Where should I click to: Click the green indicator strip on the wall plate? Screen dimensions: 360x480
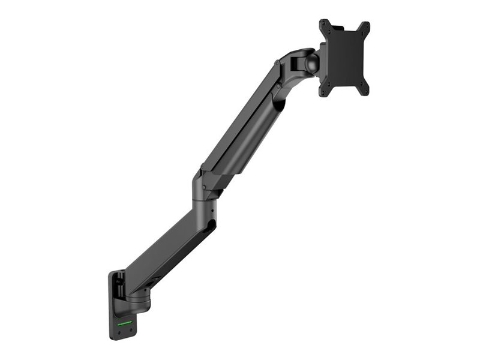[x=125, y=322]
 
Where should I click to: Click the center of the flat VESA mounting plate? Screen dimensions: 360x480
[x=344, y=58]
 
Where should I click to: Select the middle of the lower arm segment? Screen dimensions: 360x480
[x=168, y=246]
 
